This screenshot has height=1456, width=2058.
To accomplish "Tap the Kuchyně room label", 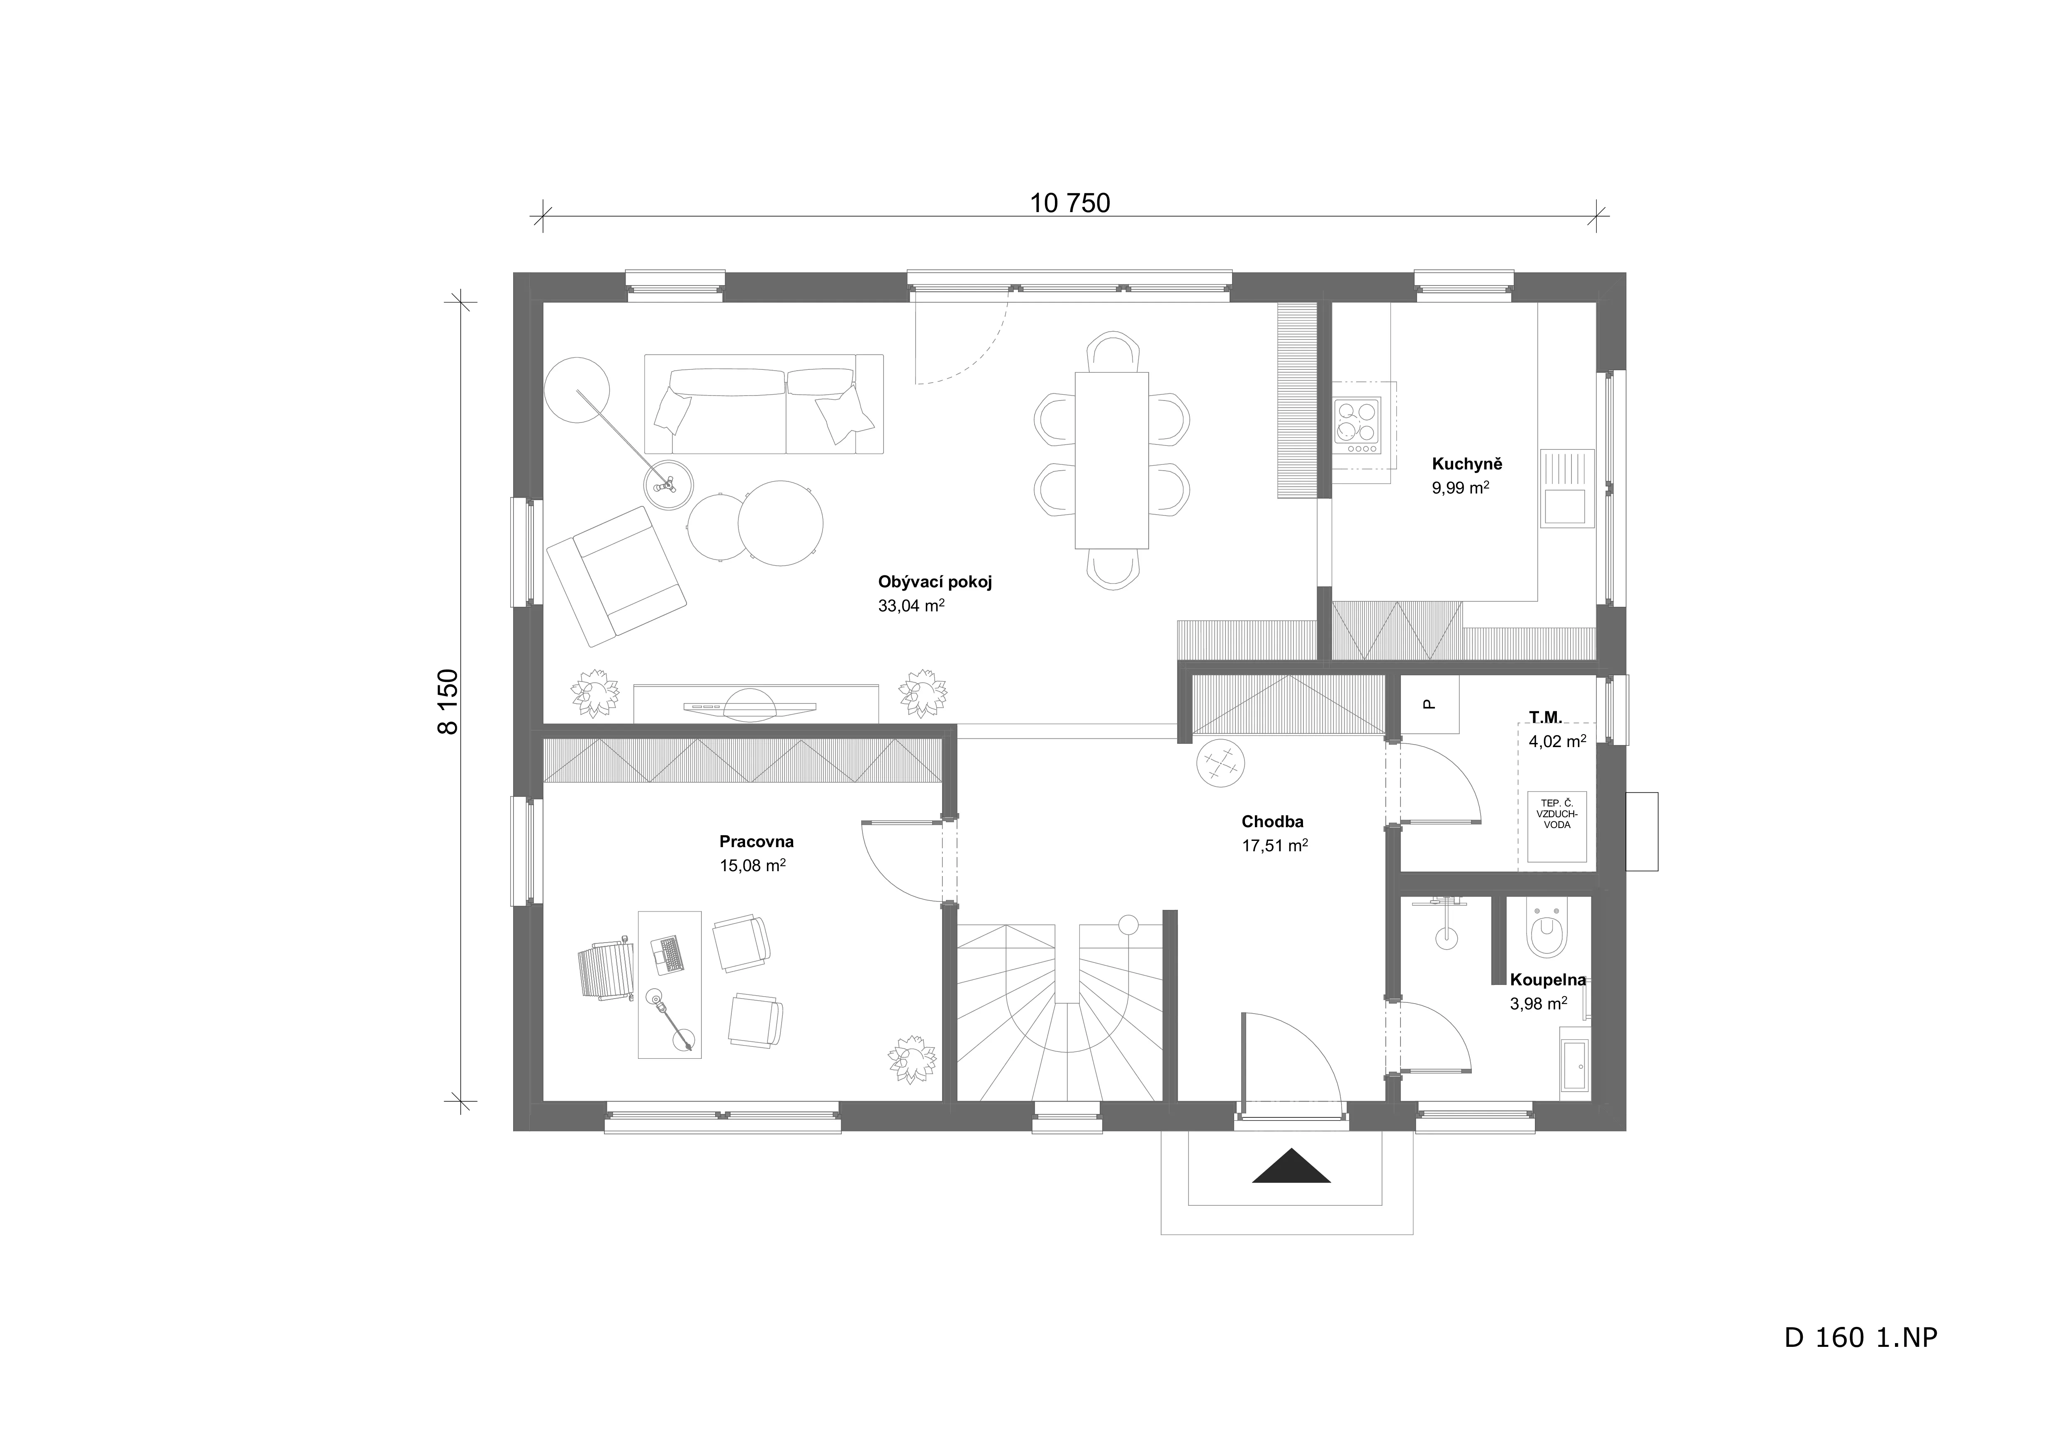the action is point(1466,464).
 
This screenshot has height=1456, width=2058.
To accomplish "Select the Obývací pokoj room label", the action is point(935,582).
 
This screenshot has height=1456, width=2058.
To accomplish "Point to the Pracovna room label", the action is point(757,842).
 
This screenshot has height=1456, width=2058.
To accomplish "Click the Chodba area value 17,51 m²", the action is point(1275,845).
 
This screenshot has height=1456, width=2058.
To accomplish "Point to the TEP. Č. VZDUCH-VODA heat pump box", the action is point(1557,827).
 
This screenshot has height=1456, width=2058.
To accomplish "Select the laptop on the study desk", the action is point(669,955).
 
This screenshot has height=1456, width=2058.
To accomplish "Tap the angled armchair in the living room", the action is point(617,577).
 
